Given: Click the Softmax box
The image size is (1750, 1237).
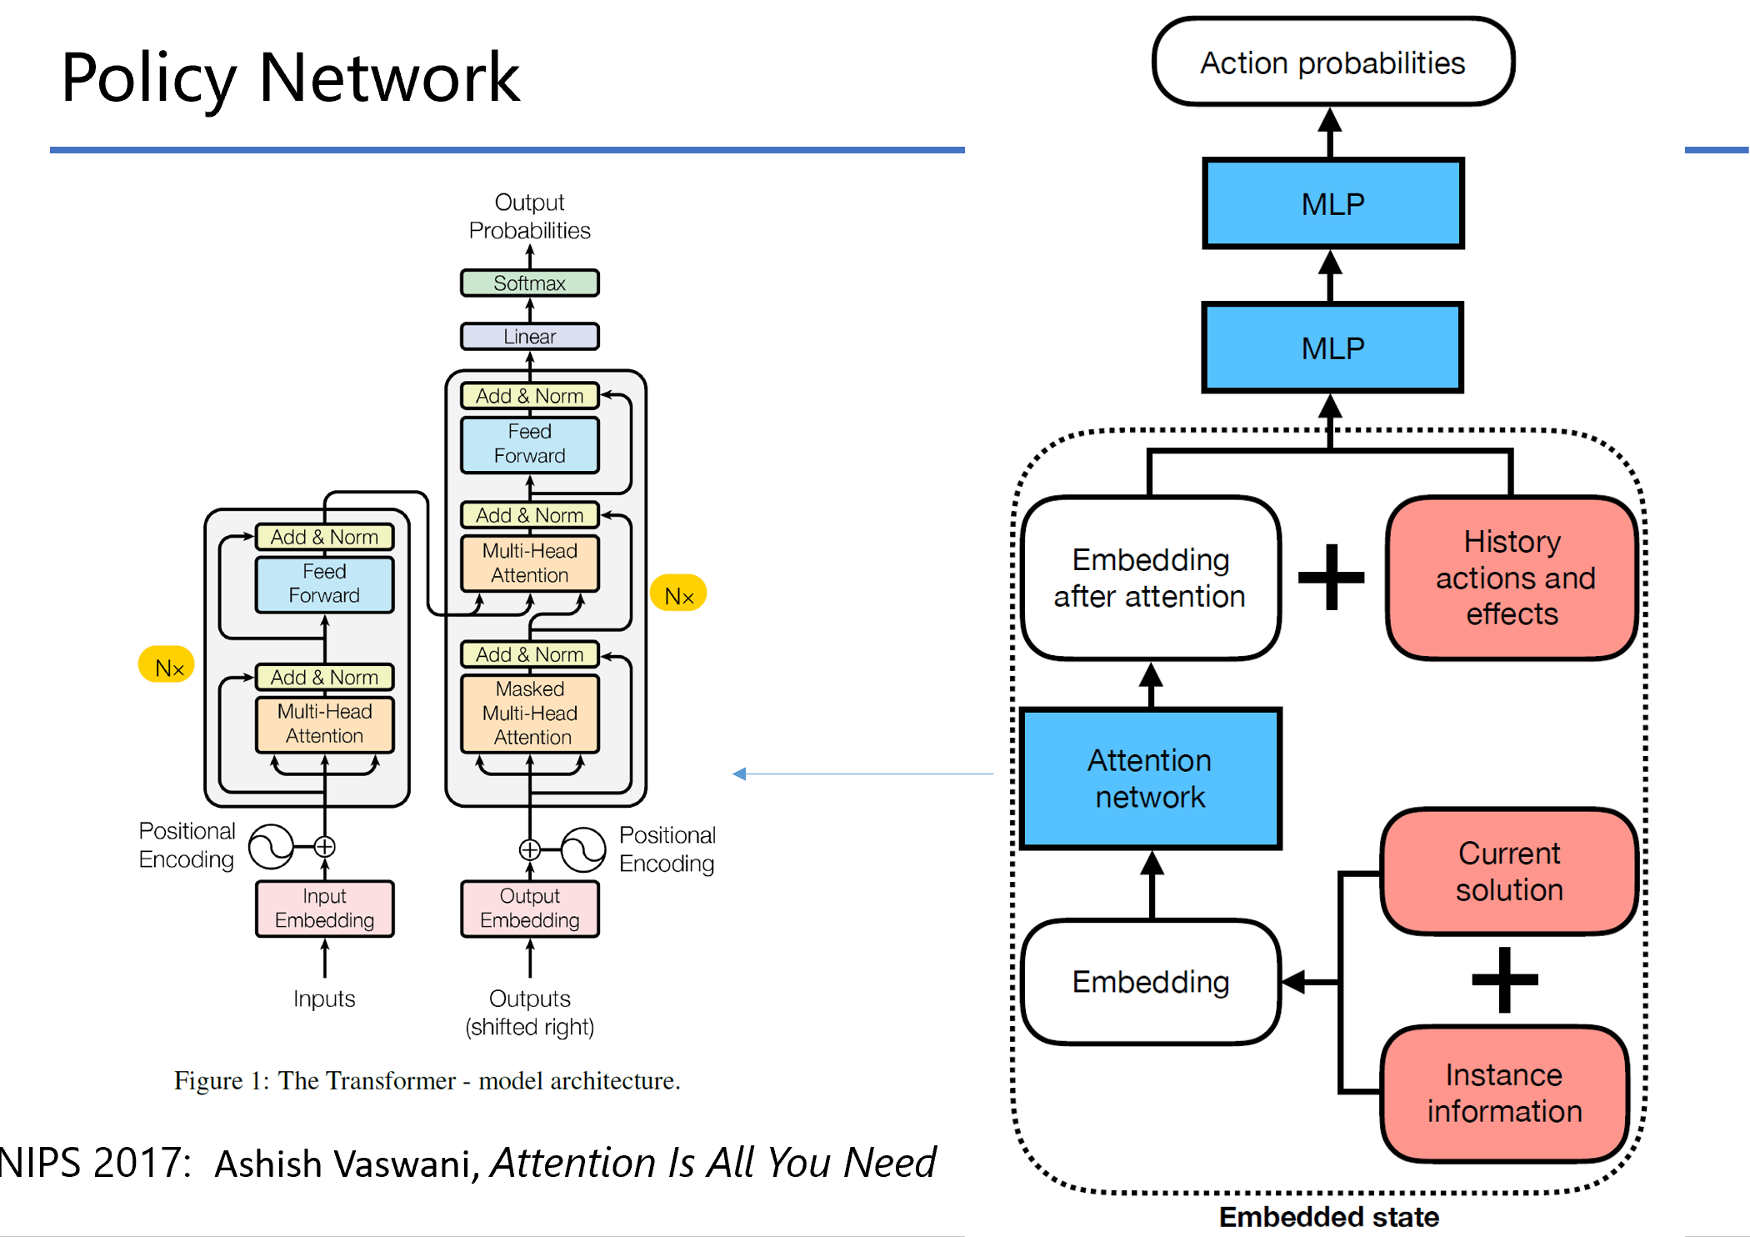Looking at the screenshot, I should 529,283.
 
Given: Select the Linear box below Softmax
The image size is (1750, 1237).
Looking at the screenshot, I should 529,336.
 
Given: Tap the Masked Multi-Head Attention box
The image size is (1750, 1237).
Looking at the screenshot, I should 529,714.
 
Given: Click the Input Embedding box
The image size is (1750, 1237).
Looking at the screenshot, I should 324,909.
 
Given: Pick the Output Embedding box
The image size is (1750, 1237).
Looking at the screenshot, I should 529,909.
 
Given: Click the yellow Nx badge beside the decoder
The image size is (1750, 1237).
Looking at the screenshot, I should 678,594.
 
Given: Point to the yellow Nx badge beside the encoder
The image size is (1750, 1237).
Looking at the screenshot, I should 167,666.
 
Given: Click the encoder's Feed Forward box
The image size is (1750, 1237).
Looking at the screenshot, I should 324,583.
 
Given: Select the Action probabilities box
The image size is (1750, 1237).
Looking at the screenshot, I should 1332,63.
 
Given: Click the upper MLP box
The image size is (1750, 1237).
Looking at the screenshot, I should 1332,203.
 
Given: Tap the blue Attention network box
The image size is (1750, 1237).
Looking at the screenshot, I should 1150,779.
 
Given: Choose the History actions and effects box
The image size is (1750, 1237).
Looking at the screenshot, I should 1512,578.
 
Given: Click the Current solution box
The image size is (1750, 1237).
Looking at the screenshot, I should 1508,871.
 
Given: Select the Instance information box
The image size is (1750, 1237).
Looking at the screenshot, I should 1504,1093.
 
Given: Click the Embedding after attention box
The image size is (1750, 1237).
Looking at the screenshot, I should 1150,578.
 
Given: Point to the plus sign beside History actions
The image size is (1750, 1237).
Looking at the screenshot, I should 1332,577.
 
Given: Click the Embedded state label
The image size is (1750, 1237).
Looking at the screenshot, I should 1328,1216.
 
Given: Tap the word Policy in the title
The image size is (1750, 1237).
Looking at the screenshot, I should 148,78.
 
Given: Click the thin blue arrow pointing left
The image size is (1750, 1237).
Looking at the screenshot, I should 862,774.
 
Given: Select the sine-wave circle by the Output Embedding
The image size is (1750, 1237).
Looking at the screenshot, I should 583,849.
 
